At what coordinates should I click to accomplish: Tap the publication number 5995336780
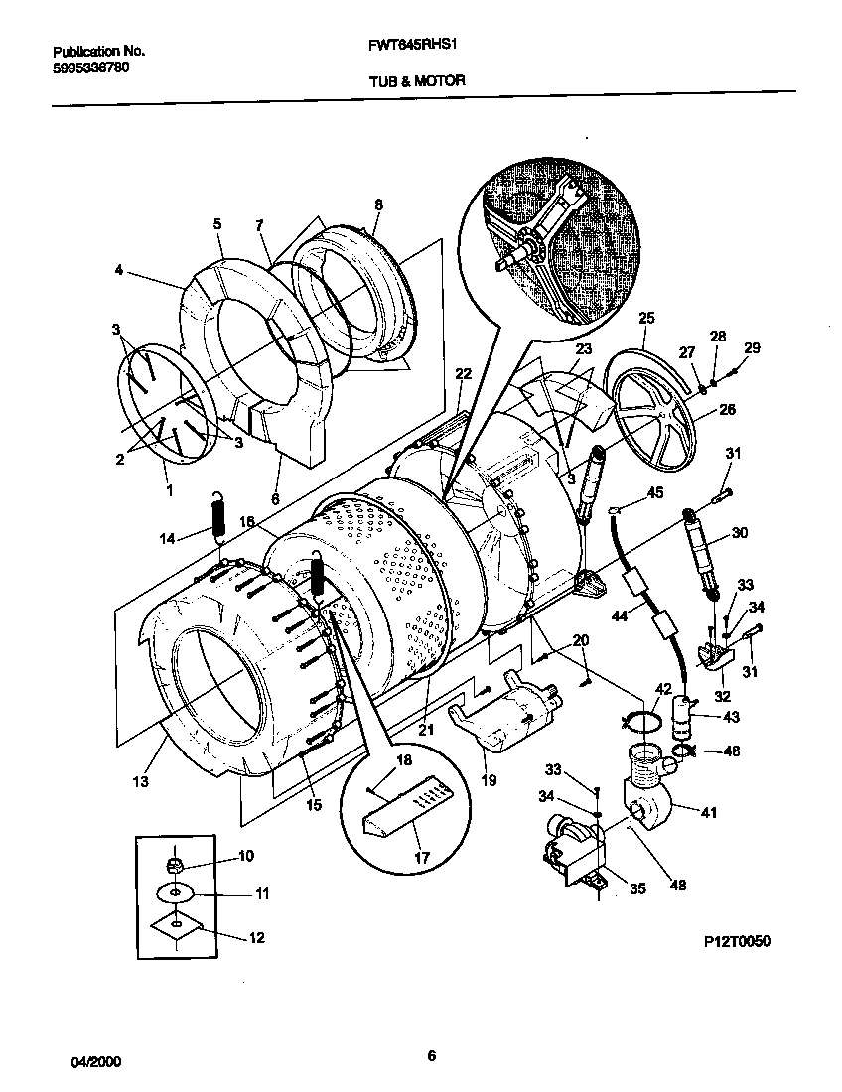pyautogui.click(x=88, y=66)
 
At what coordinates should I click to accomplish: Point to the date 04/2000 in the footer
pyautogui.click(x=96, y=1060)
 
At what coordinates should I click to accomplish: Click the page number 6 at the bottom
pyautogui.click(x=431, y=1055)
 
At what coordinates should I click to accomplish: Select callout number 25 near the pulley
pyautogui.click(x=646, y=319)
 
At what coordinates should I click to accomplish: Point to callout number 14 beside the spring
pyautogui.click(x=166, y=538)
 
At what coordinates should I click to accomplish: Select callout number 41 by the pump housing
pyautogui.click(x=709, y=812)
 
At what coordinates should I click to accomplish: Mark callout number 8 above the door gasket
pyautogui.click(x=377, y=205)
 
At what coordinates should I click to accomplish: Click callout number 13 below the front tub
pyautogui.click(x=140, y=782)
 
